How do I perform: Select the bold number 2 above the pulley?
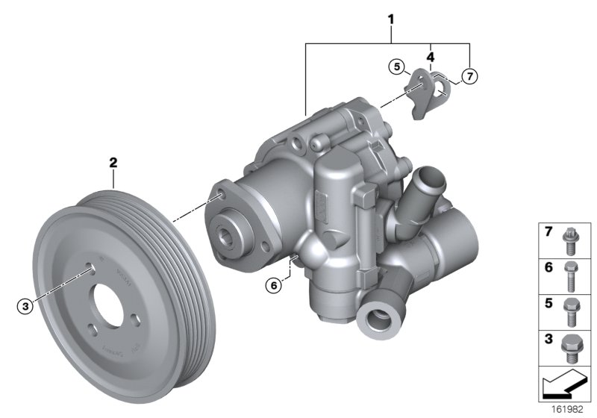pyautogui.click(x=113, y=160)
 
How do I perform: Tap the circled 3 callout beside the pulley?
pyautogui.click(x=26, y=305)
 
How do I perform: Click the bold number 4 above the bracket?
pyautogui.click(x=431, y=55)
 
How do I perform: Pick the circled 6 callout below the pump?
pyautogui.click(x=275, y=284)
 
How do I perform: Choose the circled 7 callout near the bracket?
pyautogui.click(x=468, y=75)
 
